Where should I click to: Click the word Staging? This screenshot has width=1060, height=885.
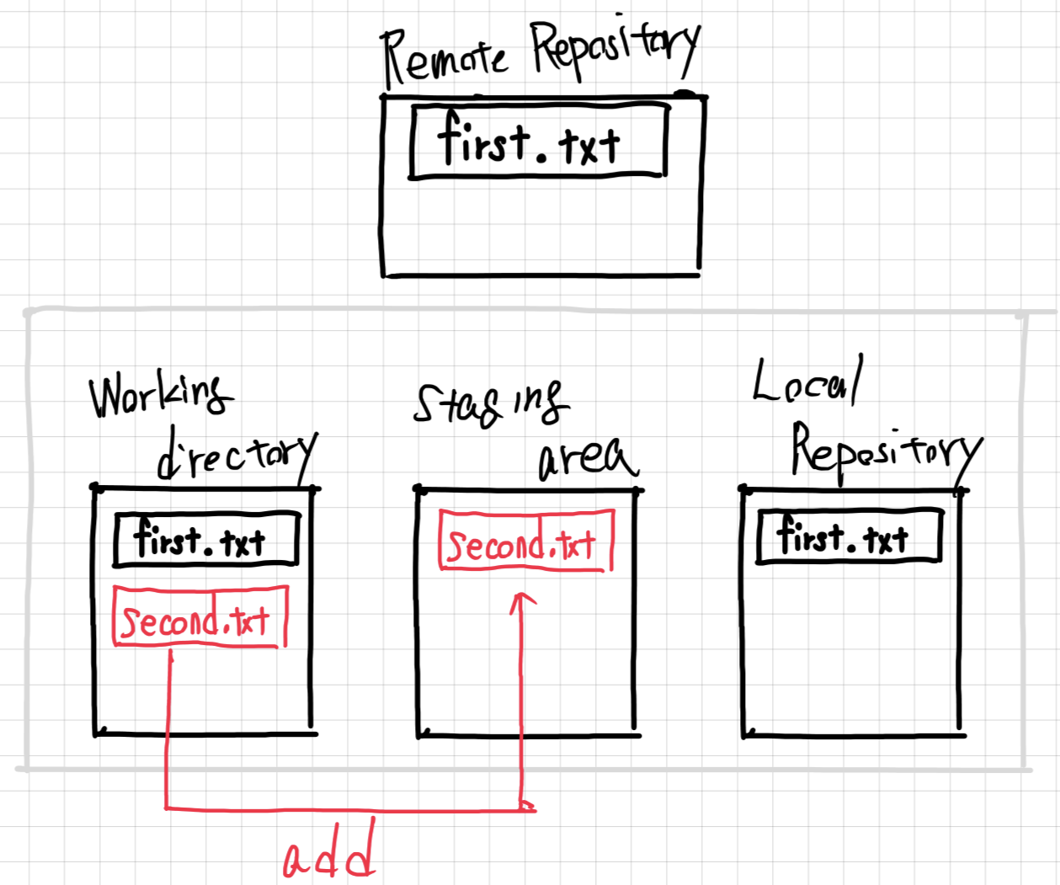point(488,403)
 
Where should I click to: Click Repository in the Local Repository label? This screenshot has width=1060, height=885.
point(884,450)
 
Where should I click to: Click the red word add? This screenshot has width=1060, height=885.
point(328,857)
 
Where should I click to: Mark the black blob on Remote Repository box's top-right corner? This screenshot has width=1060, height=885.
point(686,95)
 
